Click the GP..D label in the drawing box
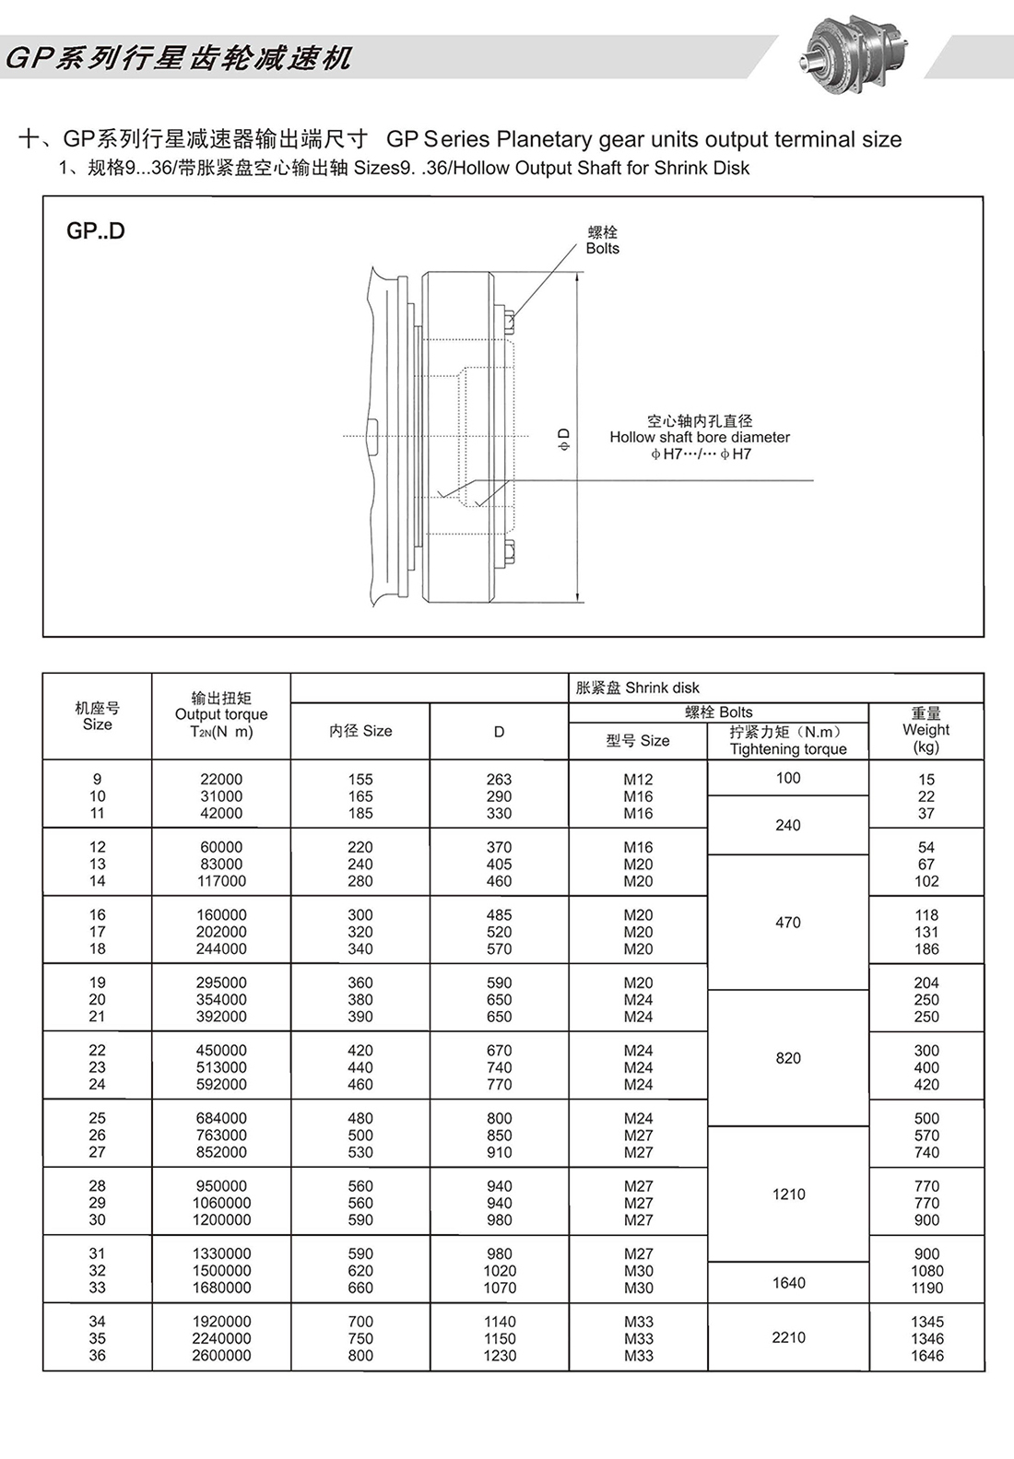(x=95, y=231)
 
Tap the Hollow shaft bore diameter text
(x=700, y=437)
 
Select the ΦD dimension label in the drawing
(x=564, y=439)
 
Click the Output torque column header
(x=221, y=714)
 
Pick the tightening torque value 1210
(x=788, y=1194)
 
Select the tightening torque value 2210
(x=788, y=1337)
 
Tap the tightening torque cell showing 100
(x=788, y=778)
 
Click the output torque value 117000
(x=221, y=881)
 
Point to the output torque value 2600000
(x=221, y=1356)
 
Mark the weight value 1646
(x=926, y=1356)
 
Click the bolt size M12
(x=638, y=780)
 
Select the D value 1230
(x=499, y=1356)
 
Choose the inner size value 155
(x=360, y=780)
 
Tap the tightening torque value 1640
(x=788, y=1283)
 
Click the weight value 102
(x=926, y=881)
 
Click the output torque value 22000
(x=221, y=780)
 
